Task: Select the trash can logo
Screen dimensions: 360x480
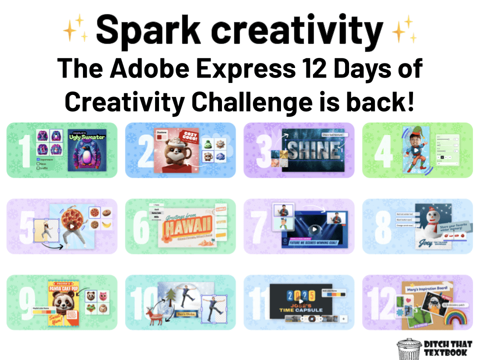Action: pos(407,348)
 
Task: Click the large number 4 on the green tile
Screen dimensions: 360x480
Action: pos(384,150)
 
